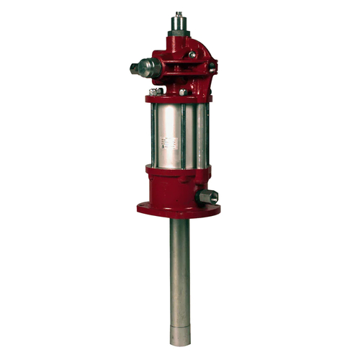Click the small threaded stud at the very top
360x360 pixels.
176,14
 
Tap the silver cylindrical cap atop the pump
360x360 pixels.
176,27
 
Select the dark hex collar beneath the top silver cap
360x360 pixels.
176,40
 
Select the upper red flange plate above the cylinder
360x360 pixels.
179,99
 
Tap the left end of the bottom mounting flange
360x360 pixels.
142,210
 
